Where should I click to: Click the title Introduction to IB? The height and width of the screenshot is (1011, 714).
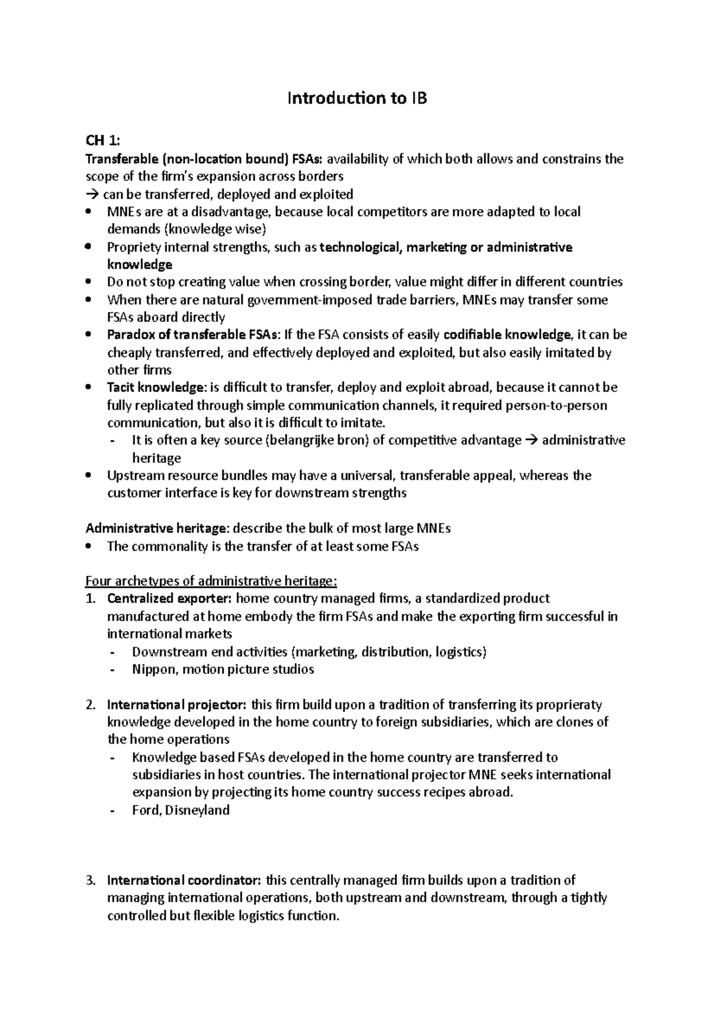click(357, 98)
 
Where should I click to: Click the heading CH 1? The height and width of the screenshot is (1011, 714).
click(102, 141)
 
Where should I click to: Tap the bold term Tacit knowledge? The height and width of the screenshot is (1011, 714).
click(155, 388)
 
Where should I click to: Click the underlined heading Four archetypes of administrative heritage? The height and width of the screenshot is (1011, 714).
click(211, 581)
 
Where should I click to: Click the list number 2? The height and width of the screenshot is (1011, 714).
click(90, 705)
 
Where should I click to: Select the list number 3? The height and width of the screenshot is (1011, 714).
click(90, 881)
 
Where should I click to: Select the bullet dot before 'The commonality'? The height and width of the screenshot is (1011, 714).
click(89, 546)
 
